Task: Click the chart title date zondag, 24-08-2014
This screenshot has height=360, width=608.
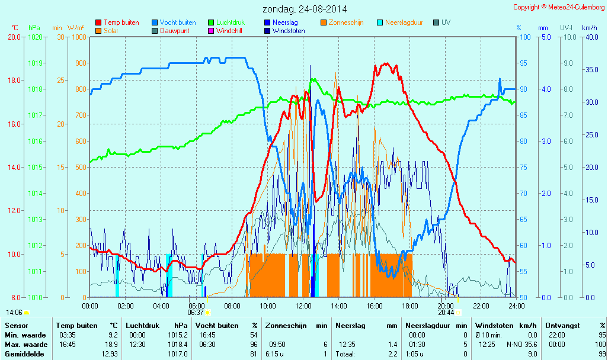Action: [305, 9]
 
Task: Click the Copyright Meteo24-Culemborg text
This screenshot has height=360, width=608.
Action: [559, 7]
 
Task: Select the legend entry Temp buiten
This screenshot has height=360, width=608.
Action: [121, 22]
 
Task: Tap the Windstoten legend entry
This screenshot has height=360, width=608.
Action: [289, 31]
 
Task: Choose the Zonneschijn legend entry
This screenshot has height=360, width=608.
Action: [346, 22]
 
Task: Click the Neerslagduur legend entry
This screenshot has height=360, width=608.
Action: [404, 22]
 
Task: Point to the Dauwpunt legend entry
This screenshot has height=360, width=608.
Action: [174, 31]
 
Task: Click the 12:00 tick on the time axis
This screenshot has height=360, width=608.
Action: [303, 306]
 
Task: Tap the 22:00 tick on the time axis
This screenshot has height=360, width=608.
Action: [481, 306]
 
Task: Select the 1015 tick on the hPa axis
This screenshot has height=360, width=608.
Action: [35, 167]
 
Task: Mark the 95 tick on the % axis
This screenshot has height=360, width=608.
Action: [524, 63]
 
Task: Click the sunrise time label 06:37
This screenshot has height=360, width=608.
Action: [196, 312]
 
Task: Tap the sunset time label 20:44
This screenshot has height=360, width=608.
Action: [446, 312]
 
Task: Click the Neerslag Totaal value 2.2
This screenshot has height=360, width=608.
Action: [393, 353]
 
